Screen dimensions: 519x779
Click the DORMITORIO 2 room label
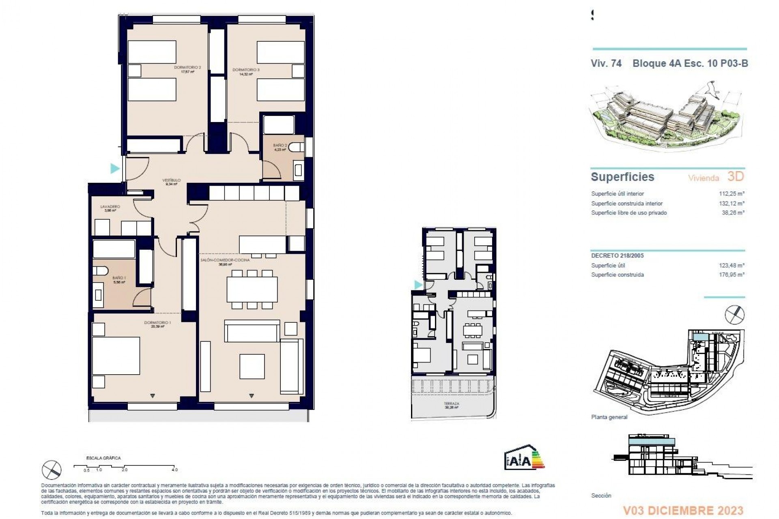pyautogui.click(x=187, y=67)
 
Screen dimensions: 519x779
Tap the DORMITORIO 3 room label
pyautogui.click(x=246, y=70)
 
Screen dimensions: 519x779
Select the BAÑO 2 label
pyautogui.click(x=280, y=145)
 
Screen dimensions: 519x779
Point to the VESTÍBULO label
pyautogui.click(x=171, y=180)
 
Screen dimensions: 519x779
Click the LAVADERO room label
pyautogui.click(x=110, y=207)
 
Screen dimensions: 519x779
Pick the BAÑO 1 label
pyautogui.click(x=119, y=278)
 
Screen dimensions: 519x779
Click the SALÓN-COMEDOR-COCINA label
pyautogui.click(x=225, y=260)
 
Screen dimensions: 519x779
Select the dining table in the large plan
pyautogui.click(x=252, y=290)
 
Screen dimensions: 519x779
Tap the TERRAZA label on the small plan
pyautogui.click(x=452, y=404)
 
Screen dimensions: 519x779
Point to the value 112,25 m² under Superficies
pyautogui.click(x=732, y=194)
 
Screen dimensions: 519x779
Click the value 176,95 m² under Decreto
pyautogui.click(x=732, y=275)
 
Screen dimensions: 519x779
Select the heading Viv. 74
pyautogui.click(x=606, y=63)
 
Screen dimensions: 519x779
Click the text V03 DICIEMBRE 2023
pyautogui.click(x=683, y=510)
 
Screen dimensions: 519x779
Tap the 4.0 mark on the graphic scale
pyautogui.click(x=174, y=470)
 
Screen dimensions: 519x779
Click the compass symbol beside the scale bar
pyautogui.click(x=52, y=470)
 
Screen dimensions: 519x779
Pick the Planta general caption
pyautogui.click(x=609, y=417)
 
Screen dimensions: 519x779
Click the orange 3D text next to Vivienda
pyautogui.click(x=736, y=176)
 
